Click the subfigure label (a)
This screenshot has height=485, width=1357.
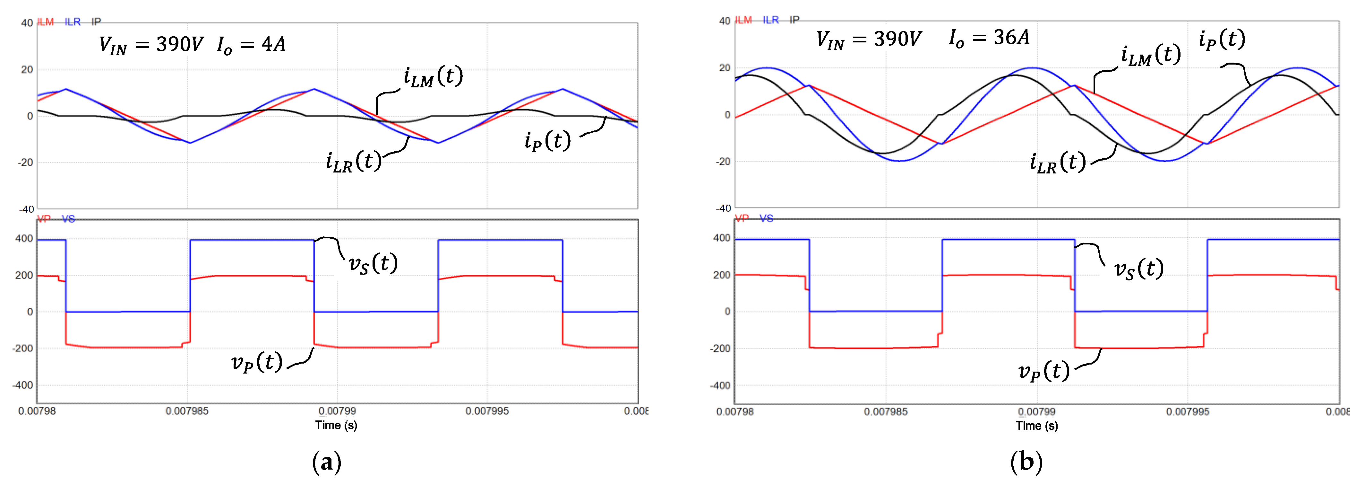click(327, 462)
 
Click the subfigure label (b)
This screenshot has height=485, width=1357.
click(1026, 462)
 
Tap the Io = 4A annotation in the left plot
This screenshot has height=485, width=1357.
click(251, 45)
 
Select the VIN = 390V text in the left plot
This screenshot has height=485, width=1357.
click(151, 45)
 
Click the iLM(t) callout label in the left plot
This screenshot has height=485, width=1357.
click(433, 77)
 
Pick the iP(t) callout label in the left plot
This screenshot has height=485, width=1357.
click(547, 141)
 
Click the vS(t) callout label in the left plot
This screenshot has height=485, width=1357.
click(373, 263)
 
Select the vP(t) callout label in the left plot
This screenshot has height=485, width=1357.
click(257, 362)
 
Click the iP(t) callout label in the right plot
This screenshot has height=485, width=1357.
click(1222, 40)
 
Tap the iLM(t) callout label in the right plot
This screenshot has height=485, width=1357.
click(1150, 55)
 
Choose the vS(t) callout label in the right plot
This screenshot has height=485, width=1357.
click(1138, 269)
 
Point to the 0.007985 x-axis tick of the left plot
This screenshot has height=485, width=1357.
click(187, 411)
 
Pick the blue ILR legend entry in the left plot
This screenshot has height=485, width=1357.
click(73, 22)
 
